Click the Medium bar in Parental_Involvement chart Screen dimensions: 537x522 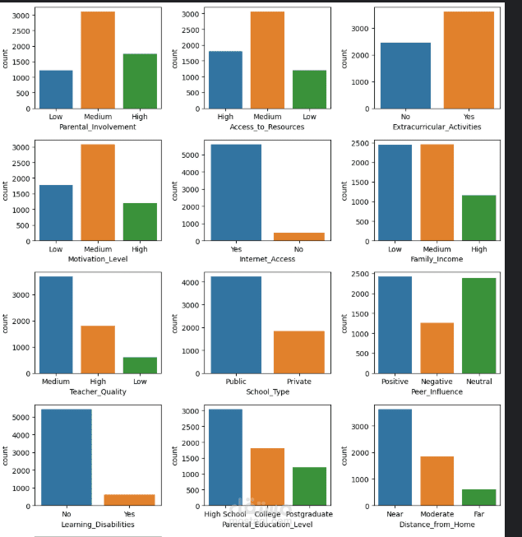[98, 60]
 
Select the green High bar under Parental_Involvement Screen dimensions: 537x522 [141, 81]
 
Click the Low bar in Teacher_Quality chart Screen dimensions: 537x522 [141, 365]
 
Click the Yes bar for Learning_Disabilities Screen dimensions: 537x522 [129, 500]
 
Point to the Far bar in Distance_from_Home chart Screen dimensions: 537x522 [479, 497]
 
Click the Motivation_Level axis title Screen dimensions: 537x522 [98, 260]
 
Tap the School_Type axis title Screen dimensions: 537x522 [266, 391]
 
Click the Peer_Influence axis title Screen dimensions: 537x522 [437, 391]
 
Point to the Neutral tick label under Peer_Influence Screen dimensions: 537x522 [479, 382]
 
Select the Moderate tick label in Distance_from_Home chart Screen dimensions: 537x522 [437, 515]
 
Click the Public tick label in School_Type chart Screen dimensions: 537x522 [235, 382]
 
